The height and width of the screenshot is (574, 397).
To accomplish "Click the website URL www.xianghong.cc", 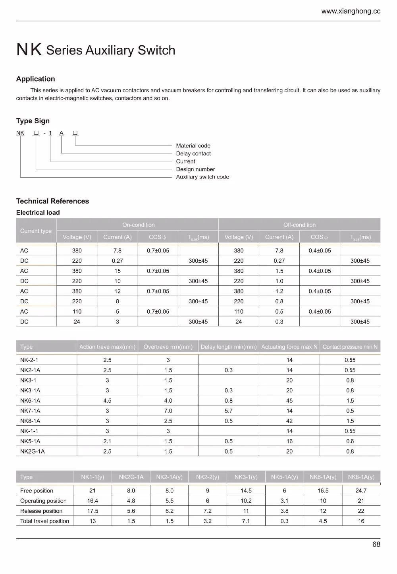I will tap(351, 11).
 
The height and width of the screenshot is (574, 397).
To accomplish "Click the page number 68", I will tap(376, 544).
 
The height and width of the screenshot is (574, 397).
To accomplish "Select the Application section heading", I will tap(35, 79).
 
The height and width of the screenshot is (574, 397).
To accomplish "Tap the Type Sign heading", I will tap(33, 121).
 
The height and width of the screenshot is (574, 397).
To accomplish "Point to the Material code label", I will tap(193, 145).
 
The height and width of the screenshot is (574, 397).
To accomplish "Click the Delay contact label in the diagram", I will tap(193, 153).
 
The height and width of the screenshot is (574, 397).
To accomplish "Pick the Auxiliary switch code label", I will tap(202, 177).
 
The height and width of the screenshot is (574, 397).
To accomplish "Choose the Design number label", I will tap(195, 169).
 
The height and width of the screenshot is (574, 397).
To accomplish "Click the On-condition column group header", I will tap(138, 225).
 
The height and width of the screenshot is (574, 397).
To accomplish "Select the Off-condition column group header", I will tap(299, 225).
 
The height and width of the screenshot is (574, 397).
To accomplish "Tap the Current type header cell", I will tap(36, 231).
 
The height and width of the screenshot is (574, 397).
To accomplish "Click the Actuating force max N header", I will tap(289, 347).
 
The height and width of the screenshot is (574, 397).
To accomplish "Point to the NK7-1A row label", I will tap(30, 411).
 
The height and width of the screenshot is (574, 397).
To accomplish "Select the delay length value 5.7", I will tap(228, 411).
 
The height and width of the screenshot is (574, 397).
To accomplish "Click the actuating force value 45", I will tap(289, 401).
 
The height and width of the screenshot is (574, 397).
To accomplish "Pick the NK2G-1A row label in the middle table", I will tap(32, 451).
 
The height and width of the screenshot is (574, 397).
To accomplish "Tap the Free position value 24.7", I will tap(361, 491).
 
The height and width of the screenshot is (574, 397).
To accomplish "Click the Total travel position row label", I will tap(44, 521).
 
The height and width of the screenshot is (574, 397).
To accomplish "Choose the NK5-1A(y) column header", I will tap(284, 477).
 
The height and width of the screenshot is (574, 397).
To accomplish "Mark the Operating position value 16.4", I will tap(93, 501).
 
